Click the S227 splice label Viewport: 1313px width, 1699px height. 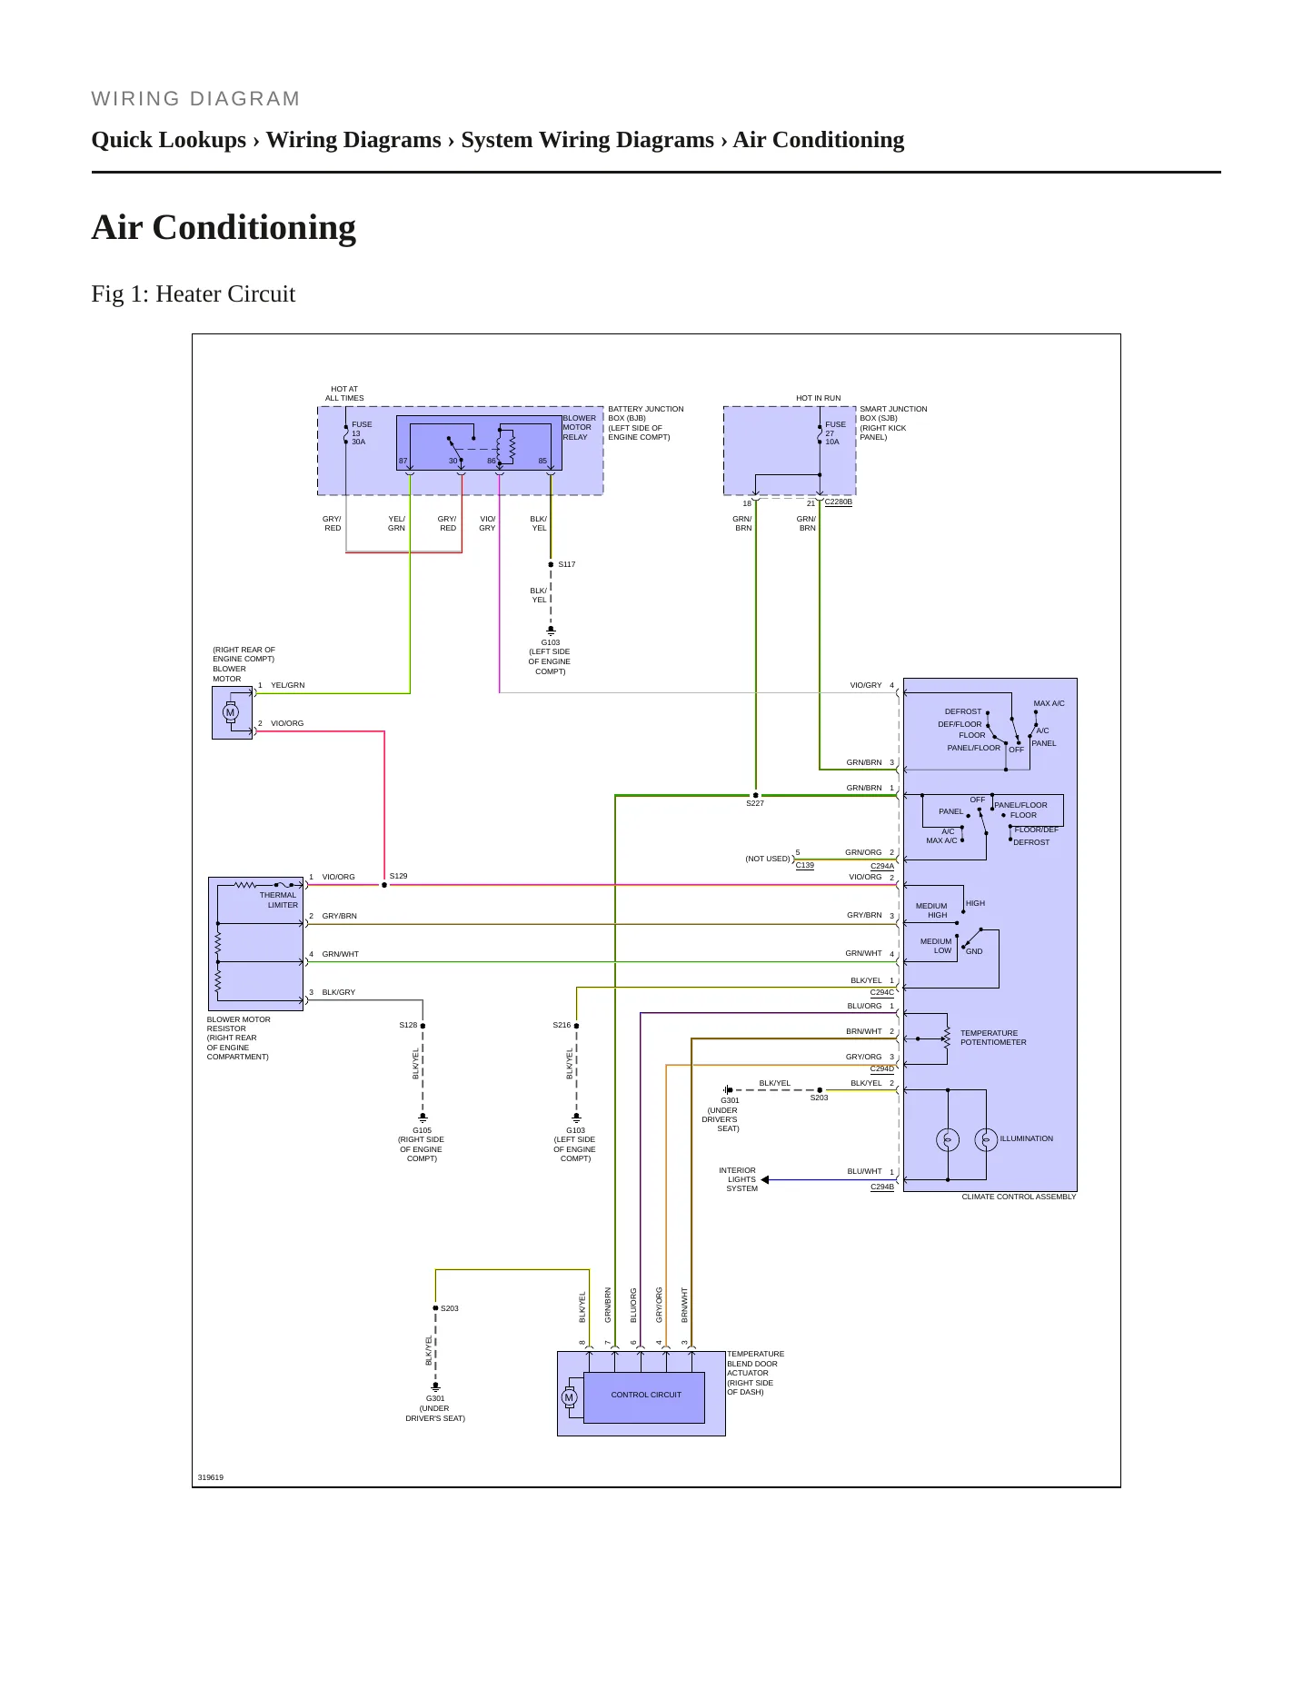tap(755, 803)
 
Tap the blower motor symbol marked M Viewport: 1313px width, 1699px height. tap(231, 712)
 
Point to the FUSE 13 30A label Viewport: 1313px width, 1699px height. tap(362, 432)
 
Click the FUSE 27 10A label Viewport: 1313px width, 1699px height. tap(835, 432)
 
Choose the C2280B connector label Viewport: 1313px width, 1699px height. tap(838, 502)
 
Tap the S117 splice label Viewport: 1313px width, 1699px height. tap(567, 564)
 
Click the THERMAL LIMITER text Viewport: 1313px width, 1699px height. tap(279, 899)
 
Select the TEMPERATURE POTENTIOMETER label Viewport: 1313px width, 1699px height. tap(993, 1038)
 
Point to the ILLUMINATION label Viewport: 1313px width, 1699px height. tap(1027, 1138)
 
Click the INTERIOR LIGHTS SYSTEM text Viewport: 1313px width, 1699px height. tap(738, 1179)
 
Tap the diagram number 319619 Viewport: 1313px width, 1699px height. tap(211, 1477)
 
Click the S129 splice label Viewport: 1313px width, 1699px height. tap(398, 876)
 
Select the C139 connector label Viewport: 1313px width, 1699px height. tap(805, 865)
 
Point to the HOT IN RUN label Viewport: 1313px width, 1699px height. tap(819, 398)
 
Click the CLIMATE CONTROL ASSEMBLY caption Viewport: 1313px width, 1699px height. tap(1019, 1197)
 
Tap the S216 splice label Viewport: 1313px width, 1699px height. tap(562, 1025)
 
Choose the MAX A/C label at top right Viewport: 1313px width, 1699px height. tap(1049, 703)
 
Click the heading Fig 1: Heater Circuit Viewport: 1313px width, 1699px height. tap(194, 294)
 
